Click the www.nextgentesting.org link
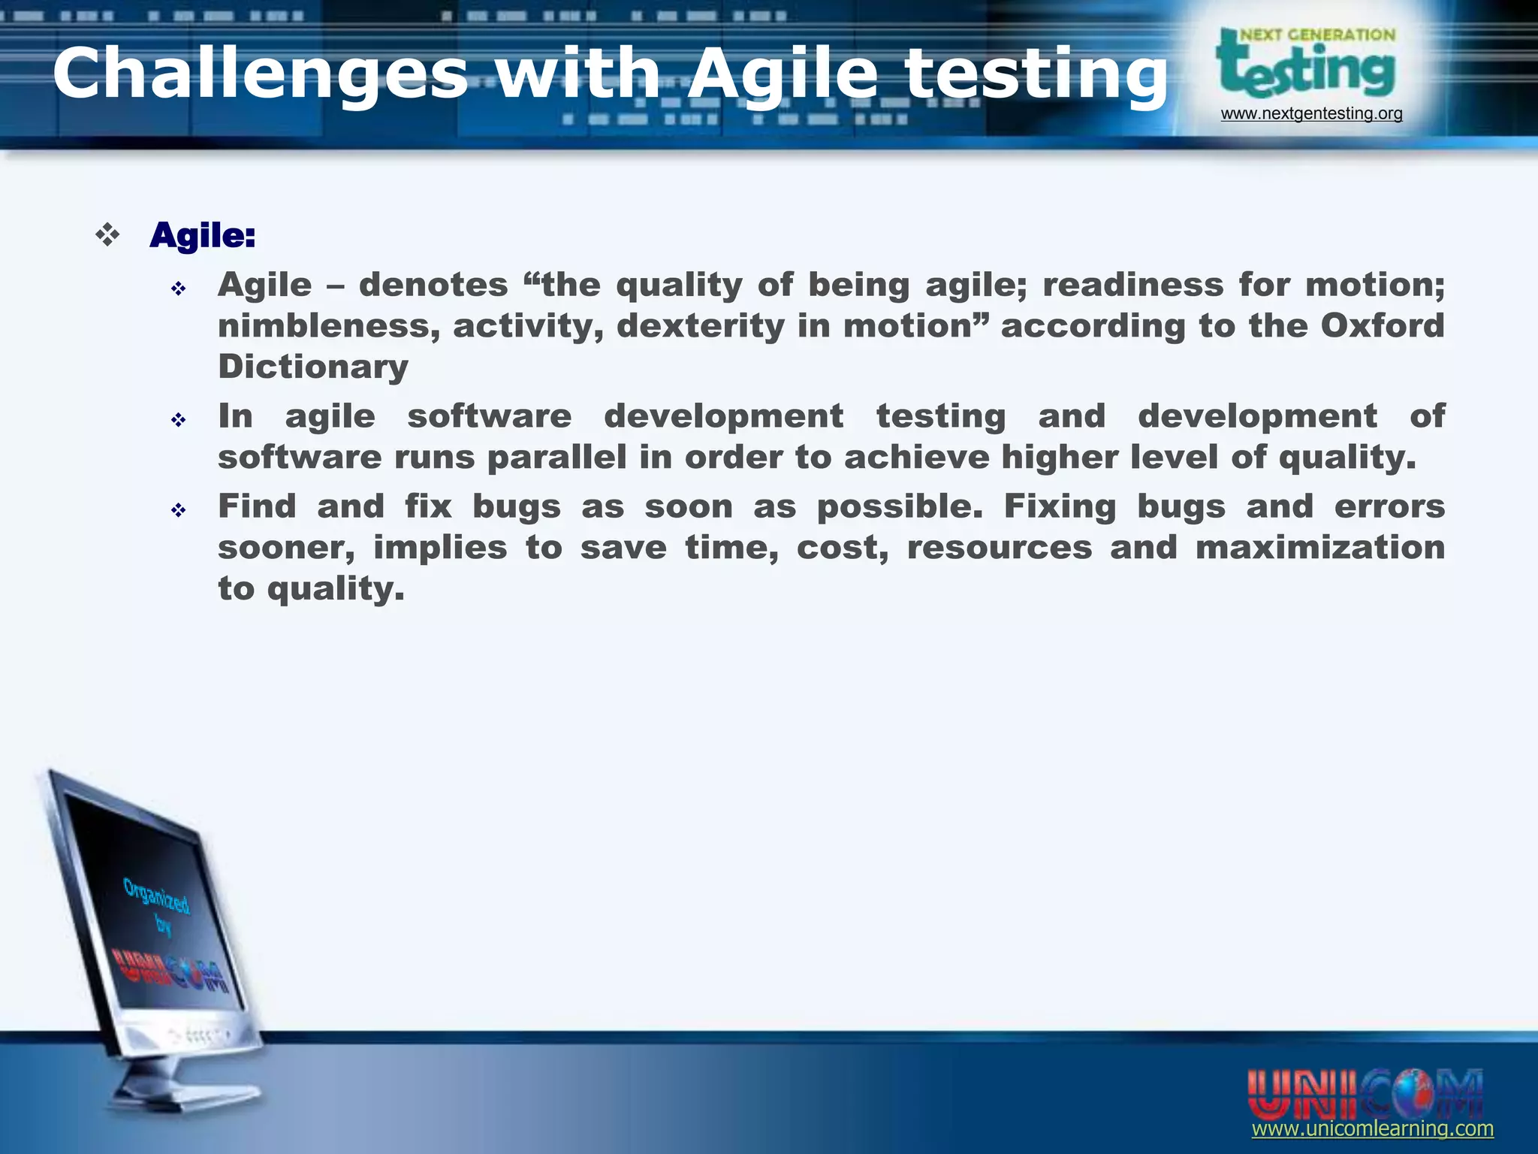point(1311,113)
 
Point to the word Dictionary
point(313,367)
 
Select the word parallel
point(556,458)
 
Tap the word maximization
point(1319,547)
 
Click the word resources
point(1000,547)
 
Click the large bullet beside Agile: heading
point(108,236)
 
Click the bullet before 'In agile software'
point(178,420)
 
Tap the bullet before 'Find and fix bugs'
point(178,511)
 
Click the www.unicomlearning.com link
point(1372,1128)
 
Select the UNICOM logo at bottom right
point(1365,1093)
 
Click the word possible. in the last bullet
point(899,507)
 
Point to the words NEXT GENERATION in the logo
point(1317,35)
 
